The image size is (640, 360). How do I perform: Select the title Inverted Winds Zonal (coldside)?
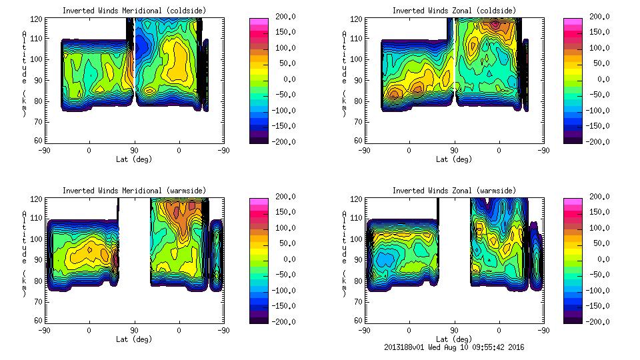pyautogui.click(x=454, y=11)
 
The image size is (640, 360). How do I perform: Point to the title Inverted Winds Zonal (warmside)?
pyautogui.click(x=454, y=191)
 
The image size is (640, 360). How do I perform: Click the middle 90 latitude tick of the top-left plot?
pyautogui.click(x=134, y=150)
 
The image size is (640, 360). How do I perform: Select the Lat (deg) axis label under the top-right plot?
pyautogui.click(x=455, y=159)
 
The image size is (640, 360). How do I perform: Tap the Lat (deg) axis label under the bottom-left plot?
pyautogui.click(x=134, y=339)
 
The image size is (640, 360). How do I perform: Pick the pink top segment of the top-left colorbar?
pyautogui.click(x=258, y=21)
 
